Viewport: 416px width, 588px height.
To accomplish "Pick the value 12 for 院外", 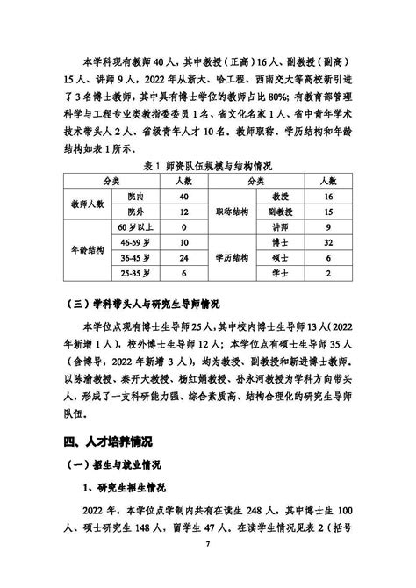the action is [184, 212].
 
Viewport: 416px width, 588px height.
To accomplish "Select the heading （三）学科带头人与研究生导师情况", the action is [153, 305].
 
